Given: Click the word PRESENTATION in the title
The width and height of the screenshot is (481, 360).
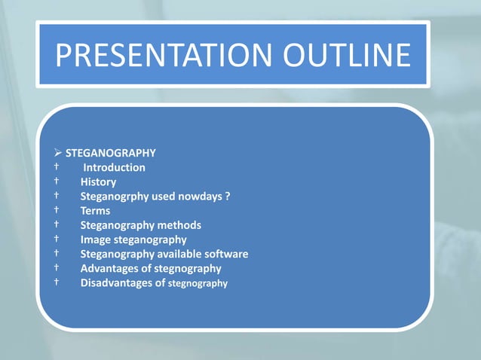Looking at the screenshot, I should click(147, 56).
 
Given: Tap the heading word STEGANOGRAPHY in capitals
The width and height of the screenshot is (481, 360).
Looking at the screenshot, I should click(111, 153).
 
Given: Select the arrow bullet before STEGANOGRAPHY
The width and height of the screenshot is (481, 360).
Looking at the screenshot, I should click(58, 153).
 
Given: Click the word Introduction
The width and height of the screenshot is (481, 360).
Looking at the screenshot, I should click(114, 167).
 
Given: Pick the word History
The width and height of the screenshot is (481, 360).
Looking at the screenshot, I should click(98, 182).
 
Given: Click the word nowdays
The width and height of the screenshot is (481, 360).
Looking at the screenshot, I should click(198, 197).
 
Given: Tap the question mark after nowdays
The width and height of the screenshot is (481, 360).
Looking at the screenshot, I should click(228, 197).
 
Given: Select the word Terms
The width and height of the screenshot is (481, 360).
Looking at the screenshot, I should click(95, 211).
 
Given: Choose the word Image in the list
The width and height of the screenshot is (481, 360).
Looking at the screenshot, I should click(97, 239).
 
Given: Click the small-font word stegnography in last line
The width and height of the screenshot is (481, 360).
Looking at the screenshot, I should click(198, 284).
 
